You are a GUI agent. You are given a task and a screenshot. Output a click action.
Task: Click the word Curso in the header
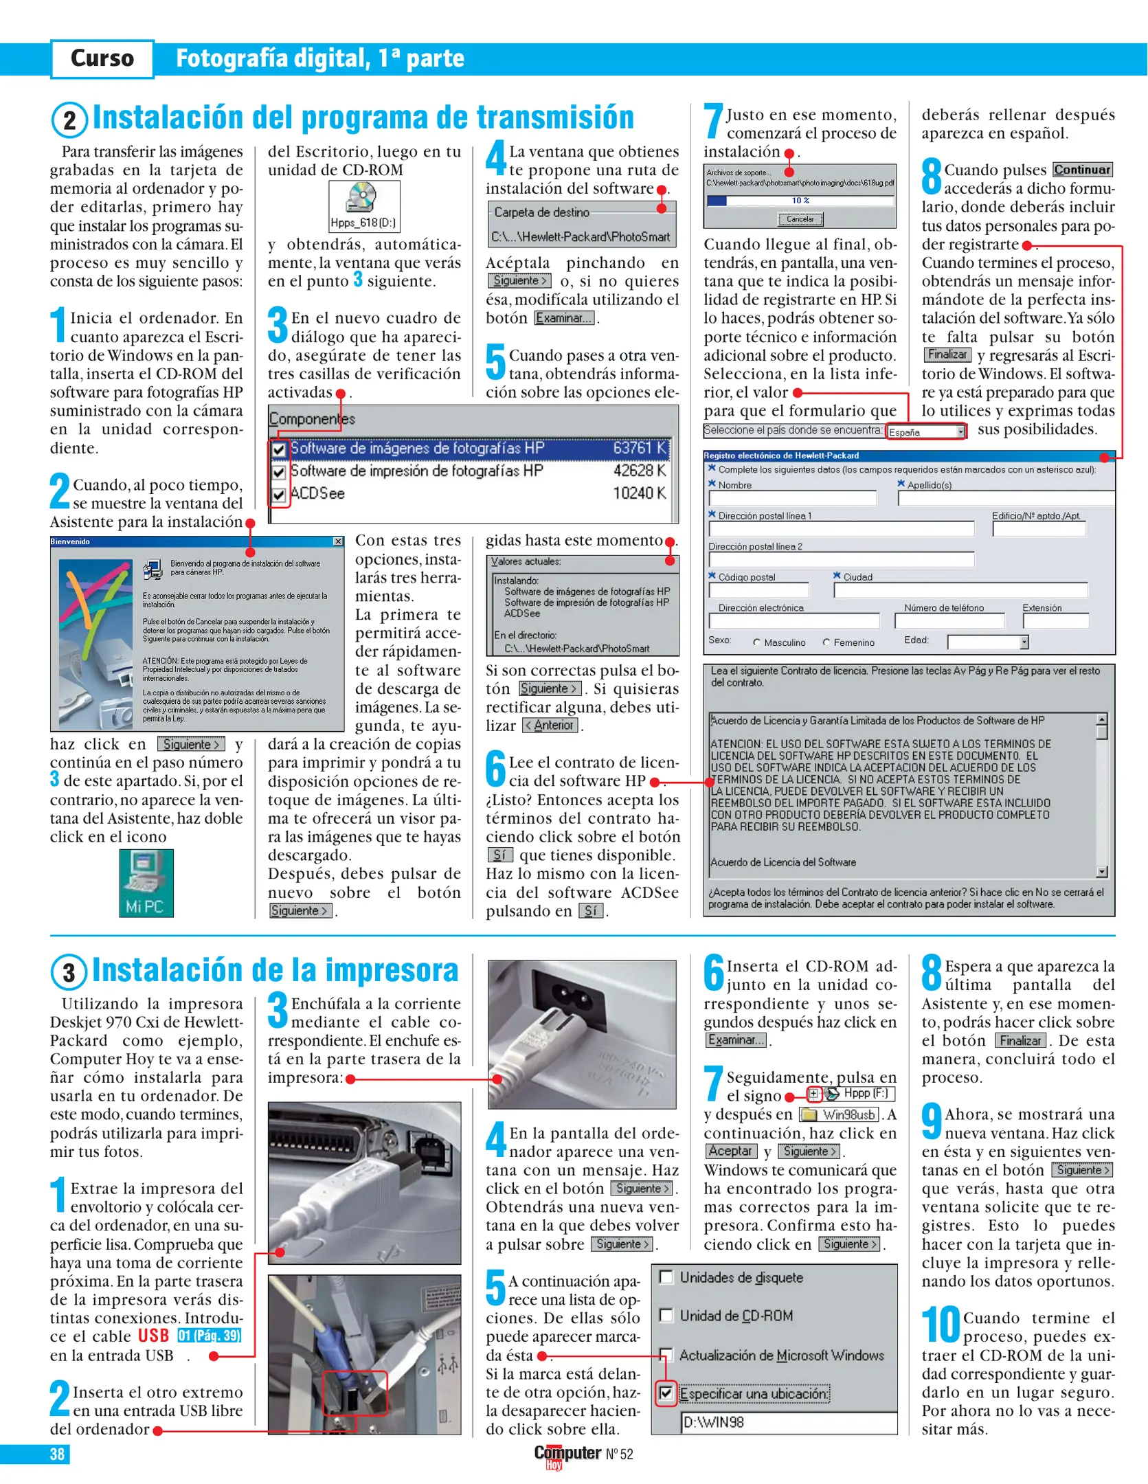click(x=102, y=58)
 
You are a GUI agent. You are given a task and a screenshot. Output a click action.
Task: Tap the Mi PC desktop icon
click(x=146, y=882)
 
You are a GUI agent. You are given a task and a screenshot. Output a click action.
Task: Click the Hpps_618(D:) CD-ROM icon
click(x=363, y=205)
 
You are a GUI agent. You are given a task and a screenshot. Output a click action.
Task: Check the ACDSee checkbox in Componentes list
click(x=279, y=495)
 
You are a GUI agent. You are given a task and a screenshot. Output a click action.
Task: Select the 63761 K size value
click(x=639, y=449)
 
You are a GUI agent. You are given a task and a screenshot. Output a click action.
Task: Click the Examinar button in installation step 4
click(x=564, y=318)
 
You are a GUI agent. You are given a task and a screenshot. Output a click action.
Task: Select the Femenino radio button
click(x=826, y=642)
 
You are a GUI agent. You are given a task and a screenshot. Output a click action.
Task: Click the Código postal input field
click(x=758, y=590)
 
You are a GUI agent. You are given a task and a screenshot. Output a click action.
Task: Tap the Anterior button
click(x=550, y=726)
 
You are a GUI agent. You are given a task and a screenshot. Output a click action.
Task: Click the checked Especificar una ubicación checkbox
click(x=665, y=1393)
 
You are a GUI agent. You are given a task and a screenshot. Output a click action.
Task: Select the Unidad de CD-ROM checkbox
click(x=665, y=1315)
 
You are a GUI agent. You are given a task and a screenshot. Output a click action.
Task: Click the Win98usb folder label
click(x=848, y=1115)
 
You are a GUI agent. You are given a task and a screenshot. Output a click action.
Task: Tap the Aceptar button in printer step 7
click(x=730, y=1151)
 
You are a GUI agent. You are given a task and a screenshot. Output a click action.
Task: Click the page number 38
click(x=57, y=1454)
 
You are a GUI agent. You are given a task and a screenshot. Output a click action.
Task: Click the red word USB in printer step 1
click(x=153, y=1336)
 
